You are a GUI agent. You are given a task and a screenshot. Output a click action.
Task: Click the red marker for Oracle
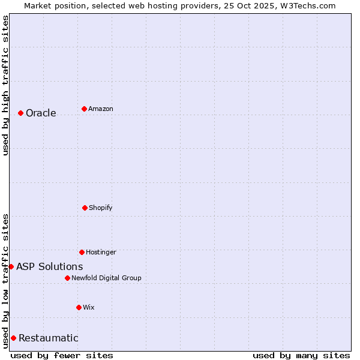20,113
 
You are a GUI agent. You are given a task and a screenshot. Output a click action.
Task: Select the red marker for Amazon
84,109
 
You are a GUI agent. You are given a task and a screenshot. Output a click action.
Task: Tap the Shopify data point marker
85,208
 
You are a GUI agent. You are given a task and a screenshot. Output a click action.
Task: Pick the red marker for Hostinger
82,252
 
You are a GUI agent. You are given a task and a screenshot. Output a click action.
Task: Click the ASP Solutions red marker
11,266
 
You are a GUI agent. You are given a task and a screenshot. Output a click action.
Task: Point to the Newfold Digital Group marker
67,278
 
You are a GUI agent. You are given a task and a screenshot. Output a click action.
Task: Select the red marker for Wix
79,307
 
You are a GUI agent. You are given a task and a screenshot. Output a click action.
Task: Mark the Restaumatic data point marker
13,338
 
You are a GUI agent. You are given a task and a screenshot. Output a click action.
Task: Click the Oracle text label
41,113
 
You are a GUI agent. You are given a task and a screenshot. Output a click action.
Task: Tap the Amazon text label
101,109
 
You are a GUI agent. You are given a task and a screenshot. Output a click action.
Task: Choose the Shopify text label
101,208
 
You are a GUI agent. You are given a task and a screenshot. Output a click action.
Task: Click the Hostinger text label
101,252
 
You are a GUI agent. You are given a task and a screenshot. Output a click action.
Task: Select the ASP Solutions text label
50,266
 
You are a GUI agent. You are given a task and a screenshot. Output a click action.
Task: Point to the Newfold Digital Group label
106,278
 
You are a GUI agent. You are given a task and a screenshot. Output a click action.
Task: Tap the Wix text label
89,307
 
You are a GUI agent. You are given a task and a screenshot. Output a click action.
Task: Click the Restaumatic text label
48,338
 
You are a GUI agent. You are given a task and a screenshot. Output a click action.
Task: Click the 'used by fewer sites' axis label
62,355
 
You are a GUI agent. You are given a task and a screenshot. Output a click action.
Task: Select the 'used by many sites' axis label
301,355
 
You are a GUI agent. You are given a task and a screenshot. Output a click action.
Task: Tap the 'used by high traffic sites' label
5,85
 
